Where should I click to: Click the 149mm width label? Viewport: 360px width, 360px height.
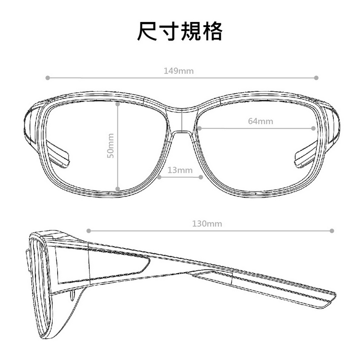coord(175,71)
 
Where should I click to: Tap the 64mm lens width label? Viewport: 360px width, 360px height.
coord(261,121)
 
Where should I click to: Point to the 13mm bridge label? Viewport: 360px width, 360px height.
coord(180,170)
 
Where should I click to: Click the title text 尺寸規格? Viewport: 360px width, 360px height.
coord(180,31)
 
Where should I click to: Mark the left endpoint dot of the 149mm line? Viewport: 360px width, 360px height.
coord(47,78)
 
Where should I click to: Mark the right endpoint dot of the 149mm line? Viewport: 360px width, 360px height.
coord(317,78)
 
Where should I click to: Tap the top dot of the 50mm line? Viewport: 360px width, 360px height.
coord(117,103)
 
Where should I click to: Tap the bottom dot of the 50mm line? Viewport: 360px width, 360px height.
coord(117,189)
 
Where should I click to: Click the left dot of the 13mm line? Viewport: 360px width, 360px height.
coord(159,177)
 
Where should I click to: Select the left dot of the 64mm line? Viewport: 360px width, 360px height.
coord(198,128)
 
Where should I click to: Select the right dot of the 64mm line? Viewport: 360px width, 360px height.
coord(314,128)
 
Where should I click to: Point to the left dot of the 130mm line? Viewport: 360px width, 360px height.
coord(89,230)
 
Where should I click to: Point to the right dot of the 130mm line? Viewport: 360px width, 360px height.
coord(333,230)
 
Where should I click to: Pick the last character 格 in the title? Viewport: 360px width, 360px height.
coord(212,31)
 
